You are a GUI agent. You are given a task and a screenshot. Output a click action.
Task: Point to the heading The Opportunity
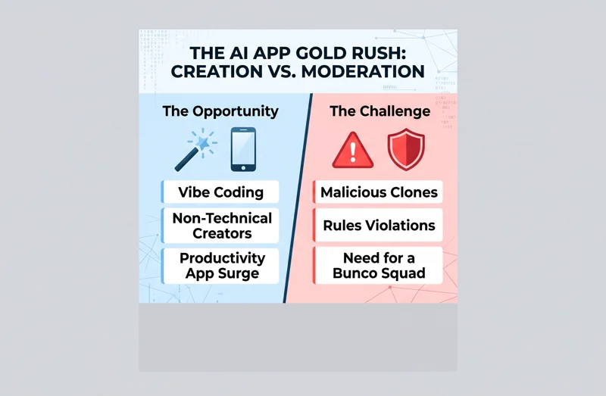[220, 111]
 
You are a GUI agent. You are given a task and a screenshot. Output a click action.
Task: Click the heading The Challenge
[380, 111]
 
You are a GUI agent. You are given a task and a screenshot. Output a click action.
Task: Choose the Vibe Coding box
[221, 192]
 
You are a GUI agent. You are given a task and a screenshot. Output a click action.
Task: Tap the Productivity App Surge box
[221, 266]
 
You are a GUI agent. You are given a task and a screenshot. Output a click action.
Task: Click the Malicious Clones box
[379, 192]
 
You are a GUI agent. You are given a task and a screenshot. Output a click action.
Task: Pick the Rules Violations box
[379, 226]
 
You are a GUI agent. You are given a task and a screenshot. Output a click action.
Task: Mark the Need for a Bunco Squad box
[379, 266]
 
